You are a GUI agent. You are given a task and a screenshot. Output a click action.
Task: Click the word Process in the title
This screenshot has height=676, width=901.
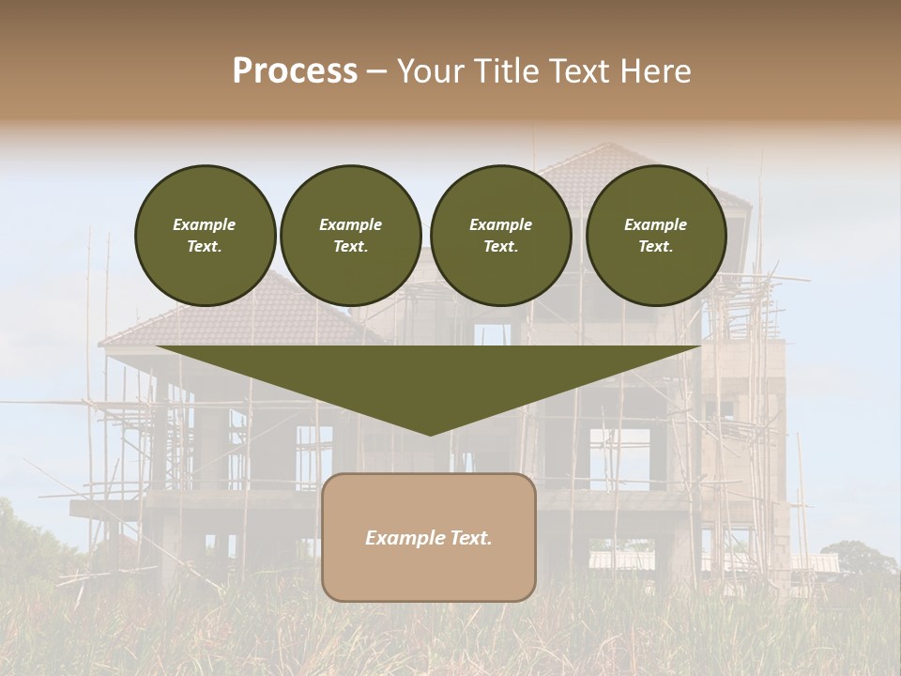pos(295,71)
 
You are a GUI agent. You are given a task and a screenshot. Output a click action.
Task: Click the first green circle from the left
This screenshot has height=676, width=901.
pos(206,236)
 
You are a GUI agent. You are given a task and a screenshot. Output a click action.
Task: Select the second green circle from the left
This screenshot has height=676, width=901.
pos(351,236)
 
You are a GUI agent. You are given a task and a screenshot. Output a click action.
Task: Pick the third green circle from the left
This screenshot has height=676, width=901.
pos(501,236)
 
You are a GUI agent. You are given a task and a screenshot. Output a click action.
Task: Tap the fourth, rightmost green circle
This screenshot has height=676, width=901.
pos(656,236)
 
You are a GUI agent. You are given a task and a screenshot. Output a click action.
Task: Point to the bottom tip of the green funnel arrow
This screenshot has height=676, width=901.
pos(430,434)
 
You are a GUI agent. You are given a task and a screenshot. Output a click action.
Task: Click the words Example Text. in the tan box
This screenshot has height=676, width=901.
pos(429,538)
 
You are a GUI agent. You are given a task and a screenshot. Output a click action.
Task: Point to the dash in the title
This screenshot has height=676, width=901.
pos(377,72)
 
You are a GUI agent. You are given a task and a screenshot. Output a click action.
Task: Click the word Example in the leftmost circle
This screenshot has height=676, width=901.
pos(205,224)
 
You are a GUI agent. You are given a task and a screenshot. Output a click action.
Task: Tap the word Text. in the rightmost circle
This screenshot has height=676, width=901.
pos(656,246)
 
